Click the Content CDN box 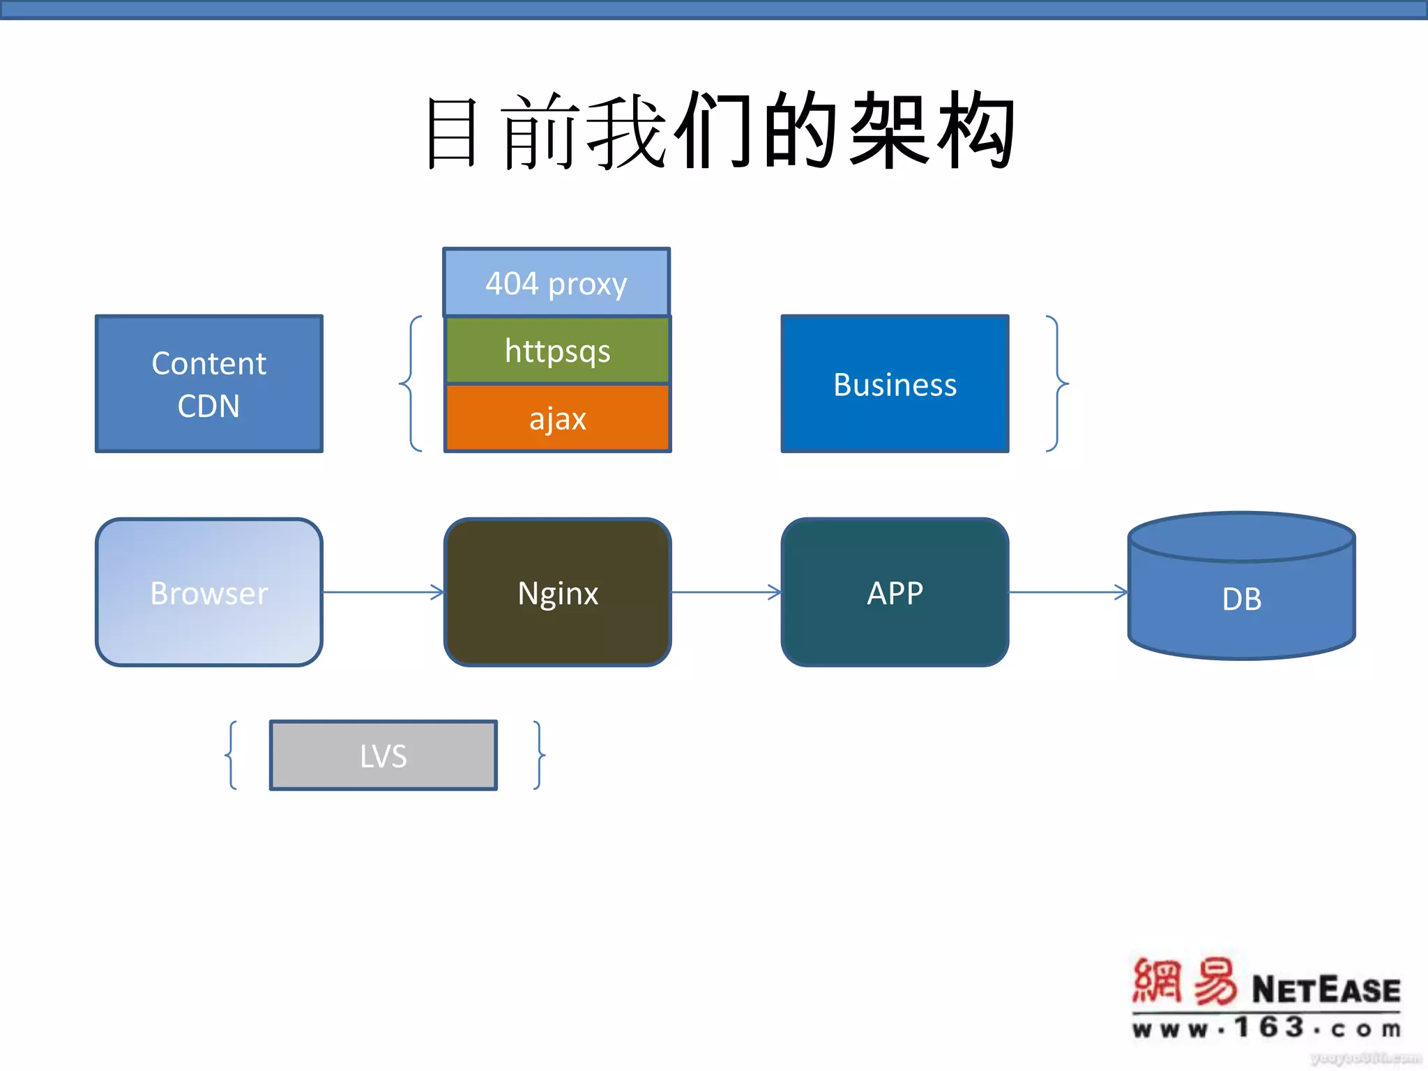coord(209,383)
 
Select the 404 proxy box coord(556,283)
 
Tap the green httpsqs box coord(557,350)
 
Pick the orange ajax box coord(557,418)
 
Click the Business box coord(895,383)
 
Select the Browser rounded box coord(209,593)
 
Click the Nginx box coord(557,593)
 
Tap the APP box coord(895,593)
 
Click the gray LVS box coord(383,755)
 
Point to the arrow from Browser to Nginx coord(383,593)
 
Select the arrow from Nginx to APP coord(725,593)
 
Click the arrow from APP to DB coord(1068,593)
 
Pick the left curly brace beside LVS coord(231,755)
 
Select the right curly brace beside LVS coord(538,755)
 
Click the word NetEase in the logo coord(1326,989)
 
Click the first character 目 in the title coord(452,132)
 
